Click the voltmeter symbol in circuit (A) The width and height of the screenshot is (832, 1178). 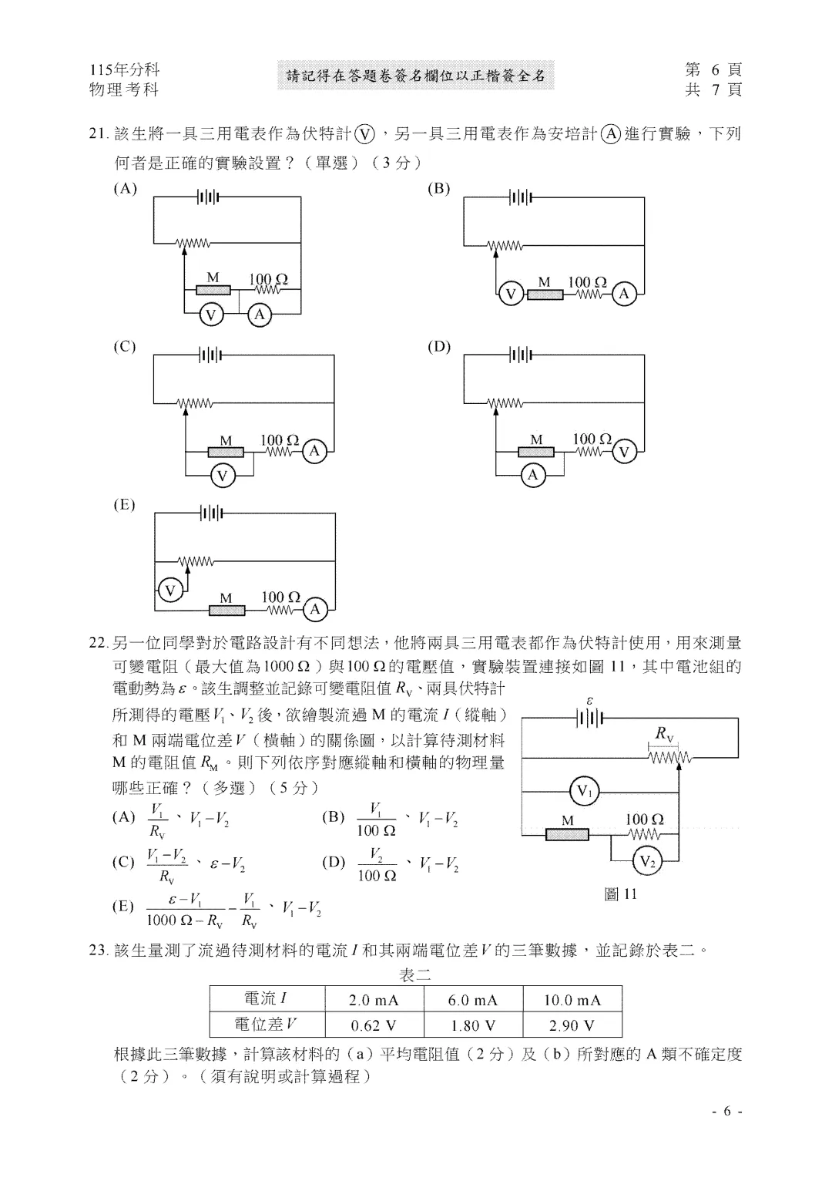coord(211,315)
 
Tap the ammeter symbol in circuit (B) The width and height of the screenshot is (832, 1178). coord(624,294)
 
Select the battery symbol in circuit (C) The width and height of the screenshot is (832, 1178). coord(210,355)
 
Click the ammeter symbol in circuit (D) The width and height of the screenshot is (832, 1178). coord(533,475)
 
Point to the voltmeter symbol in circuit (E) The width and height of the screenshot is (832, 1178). coord(169,591)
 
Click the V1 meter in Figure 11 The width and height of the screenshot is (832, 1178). coord(585,791)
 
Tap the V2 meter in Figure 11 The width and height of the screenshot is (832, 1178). coord(647,861)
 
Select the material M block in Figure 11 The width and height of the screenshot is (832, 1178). coord(566,834)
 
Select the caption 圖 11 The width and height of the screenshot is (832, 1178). coord(620,894)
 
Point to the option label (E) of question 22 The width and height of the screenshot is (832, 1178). coord(123,906)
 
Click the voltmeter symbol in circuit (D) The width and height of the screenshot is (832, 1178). coord(624,453)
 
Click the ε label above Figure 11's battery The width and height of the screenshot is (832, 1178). coord(589,701)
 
